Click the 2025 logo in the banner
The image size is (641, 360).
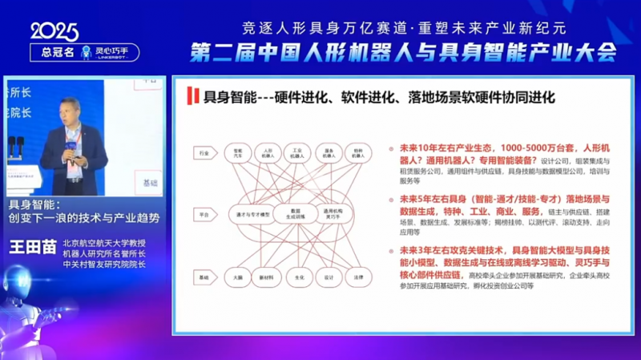tap(54, 31)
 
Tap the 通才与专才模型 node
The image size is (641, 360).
tap(248, 214)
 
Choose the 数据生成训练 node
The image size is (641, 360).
tap(292, 214)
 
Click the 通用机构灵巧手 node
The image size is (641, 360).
tap(334, 214)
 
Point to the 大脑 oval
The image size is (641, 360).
tap(238, 277)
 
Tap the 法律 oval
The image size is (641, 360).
tap(359, 277)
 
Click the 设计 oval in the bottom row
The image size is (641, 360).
tap(329, 277)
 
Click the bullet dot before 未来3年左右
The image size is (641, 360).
tap(382, 250)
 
